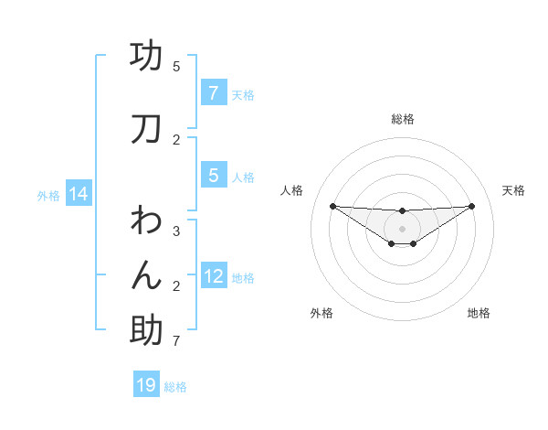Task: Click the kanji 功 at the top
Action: [146, 57]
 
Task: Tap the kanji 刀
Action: [146, 130]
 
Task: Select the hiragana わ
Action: [146, 220]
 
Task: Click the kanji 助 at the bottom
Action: [146, 331]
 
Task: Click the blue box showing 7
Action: [213, 92]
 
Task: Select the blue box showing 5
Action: [213, 176]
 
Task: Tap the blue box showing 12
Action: [215, 276]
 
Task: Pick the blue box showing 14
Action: [79, 194]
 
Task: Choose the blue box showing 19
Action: [146, 385]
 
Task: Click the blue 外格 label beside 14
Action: [48, 195]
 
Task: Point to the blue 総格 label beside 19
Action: [175, 387]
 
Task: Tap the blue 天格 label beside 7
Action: [243, 94]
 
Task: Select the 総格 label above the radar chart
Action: [402, 119]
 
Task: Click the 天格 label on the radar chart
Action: [514, 190]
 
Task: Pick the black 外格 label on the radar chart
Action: [321, 313]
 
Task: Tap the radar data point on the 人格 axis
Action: [332, 206]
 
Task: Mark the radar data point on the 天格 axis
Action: [471, 206]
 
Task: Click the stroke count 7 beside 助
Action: [176, 342]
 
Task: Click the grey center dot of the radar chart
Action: [402, 229]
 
